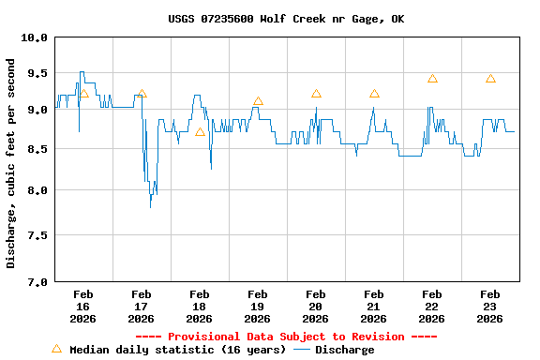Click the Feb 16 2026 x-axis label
(82, 306)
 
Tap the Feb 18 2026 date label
(199, 306)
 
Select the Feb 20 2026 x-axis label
(315, 306)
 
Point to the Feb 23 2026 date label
(489, 306)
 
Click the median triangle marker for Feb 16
(83, 94)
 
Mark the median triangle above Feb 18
(200, 132)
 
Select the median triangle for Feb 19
(258, 101)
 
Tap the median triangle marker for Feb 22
(432, 79)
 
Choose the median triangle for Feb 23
(490, 79)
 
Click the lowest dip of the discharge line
(150, 206)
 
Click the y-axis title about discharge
(11, 163)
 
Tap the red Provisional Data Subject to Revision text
(286, 337)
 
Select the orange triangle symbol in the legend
(56, 349)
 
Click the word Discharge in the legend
(344, 350)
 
